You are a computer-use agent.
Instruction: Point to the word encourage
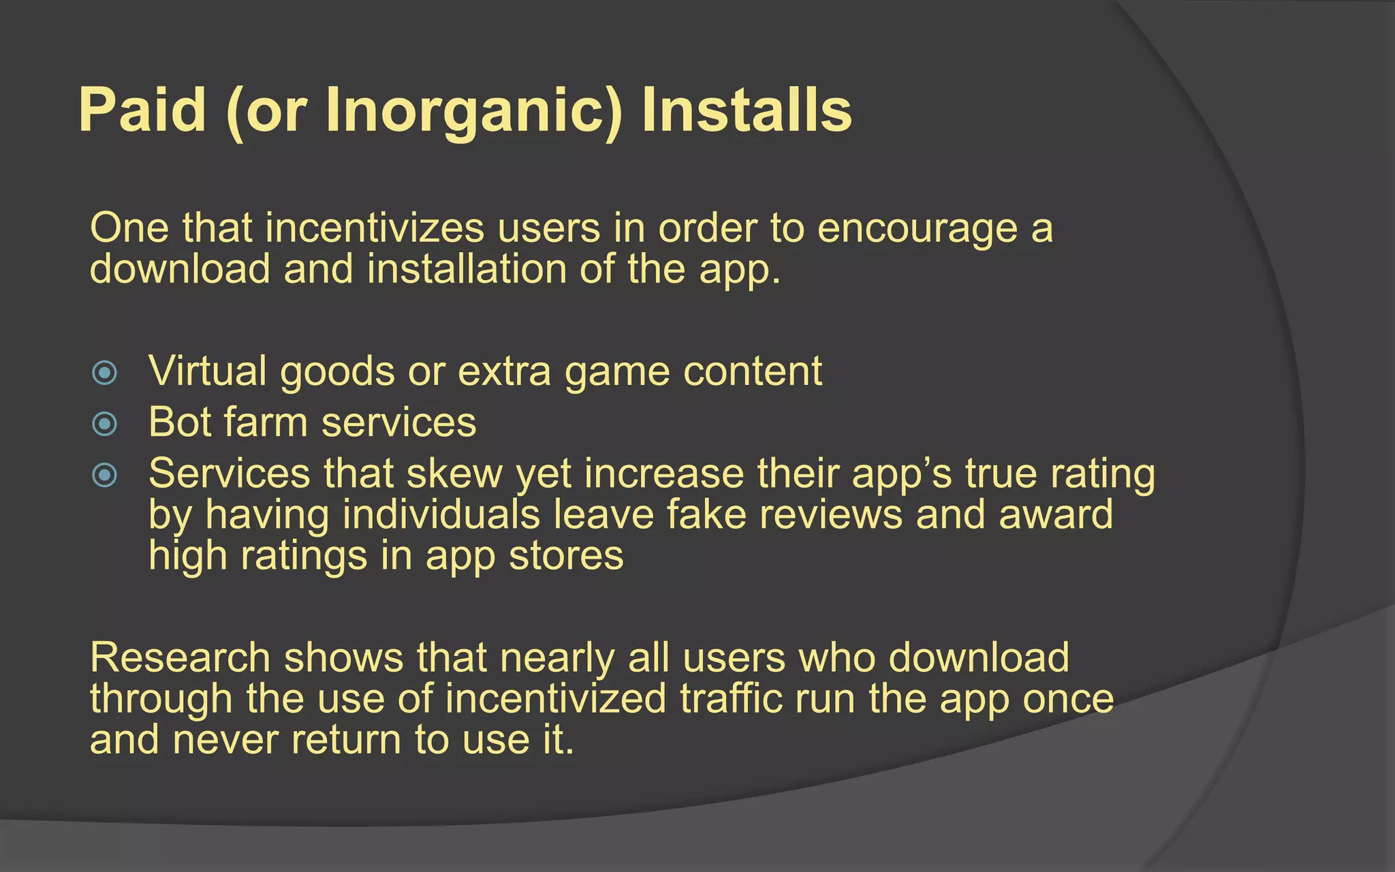[x=917, y=229]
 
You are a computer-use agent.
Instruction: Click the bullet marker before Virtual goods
[x=105, y=373]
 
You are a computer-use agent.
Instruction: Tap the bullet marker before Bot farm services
[x=105, y=424]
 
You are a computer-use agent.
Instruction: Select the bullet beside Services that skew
[x=105, y=475]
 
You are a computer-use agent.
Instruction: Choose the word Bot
[x=181, y=422]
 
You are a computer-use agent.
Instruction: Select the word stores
[x=566, y=555]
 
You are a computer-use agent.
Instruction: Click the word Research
[x=181, y=658]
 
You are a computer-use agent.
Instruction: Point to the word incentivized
[x=556, y=699]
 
